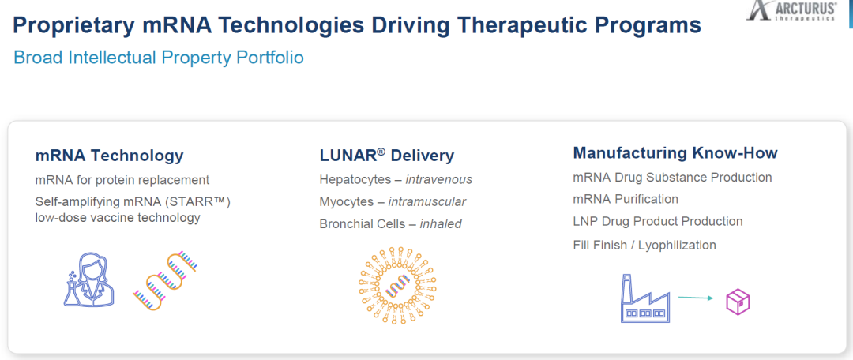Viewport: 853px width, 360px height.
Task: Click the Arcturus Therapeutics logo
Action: (x=791, y=10)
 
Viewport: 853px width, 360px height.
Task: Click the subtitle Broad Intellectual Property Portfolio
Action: (x=158, y=58)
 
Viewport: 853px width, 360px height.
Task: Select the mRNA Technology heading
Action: (x=109, y=156)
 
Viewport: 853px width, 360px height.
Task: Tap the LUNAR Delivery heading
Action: (x=387, y=156)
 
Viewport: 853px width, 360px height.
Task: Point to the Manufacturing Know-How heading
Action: (x=675, y=153)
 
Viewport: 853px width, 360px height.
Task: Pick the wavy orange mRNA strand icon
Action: (x=165, y=281)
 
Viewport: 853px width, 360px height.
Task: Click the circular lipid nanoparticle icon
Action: (x=398, y=287)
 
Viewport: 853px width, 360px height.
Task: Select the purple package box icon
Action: (x=738, y=302)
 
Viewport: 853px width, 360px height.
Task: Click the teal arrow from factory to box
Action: (x=696, y=298)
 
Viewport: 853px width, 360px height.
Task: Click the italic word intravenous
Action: (x=439, y=180)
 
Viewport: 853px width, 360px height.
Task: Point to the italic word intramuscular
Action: (x=427, y=202)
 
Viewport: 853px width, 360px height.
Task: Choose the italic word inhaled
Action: (x=441, y=224)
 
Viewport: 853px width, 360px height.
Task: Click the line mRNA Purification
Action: (x=626, y=200)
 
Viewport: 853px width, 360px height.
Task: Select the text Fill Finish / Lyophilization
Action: (x=644, y=246)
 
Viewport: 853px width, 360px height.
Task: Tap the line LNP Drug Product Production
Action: (x=658, y=222)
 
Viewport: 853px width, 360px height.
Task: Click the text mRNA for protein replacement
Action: (x=122, y=180)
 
